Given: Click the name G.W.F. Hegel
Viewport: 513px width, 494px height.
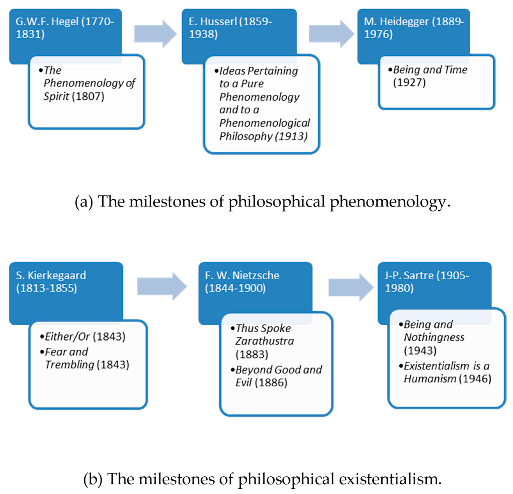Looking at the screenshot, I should point(47,21).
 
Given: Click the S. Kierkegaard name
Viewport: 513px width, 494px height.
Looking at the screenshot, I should point(51,275).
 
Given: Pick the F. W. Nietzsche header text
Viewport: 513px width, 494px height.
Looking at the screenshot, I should point(242,275).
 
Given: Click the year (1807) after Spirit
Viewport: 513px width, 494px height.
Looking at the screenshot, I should point(88,96).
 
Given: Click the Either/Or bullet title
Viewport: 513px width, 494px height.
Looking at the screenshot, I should point(67,337).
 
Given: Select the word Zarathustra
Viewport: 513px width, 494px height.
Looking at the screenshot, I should point(264,341).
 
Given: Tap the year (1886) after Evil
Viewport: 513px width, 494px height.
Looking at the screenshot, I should point(271,383).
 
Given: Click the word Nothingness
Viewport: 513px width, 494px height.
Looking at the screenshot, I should point(434,337).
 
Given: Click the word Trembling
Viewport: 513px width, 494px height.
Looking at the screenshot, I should point(70,365).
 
